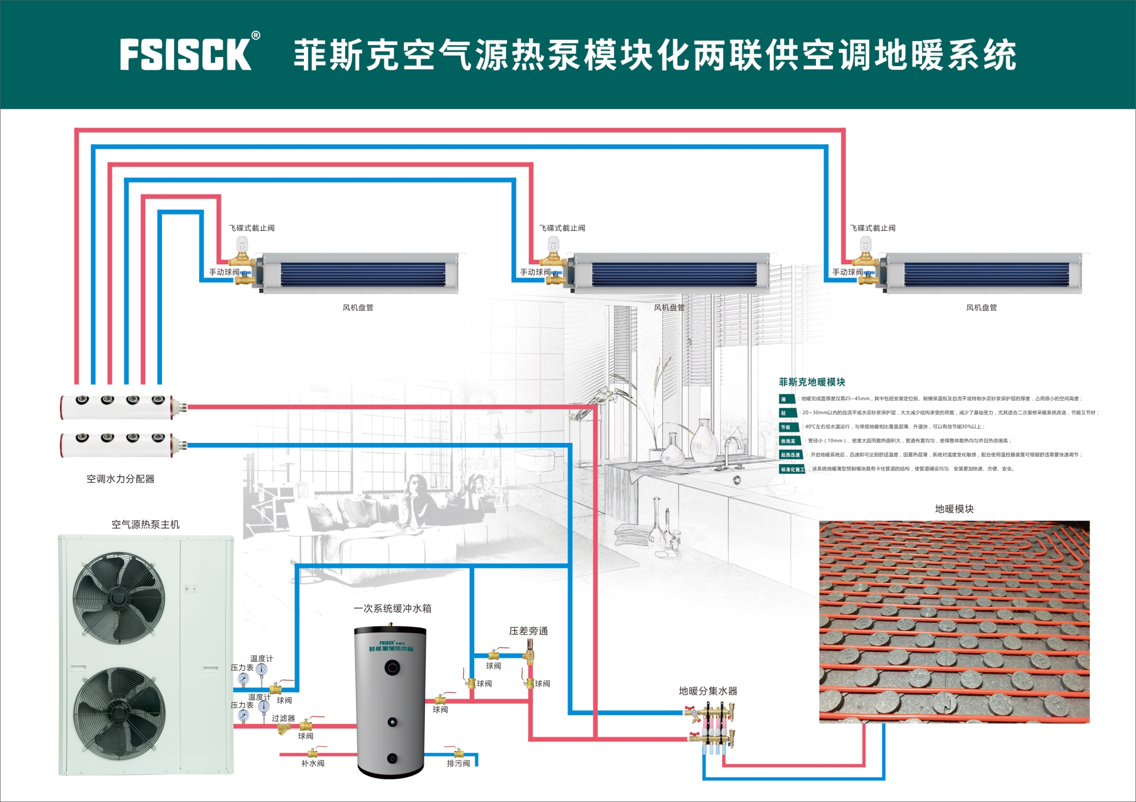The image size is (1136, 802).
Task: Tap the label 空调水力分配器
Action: (120, 479)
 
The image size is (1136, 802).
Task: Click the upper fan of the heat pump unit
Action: (119, 594)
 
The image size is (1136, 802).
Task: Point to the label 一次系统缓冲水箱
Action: (393, 608)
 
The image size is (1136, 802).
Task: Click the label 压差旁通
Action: (528, 631)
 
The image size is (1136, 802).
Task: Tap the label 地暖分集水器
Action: (708, 691)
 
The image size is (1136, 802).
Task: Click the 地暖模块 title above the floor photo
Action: (954, 509)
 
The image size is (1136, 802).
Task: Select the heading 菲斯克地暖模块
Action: (812, 382)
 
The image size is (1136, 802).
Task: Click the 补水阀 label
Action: (313, 764)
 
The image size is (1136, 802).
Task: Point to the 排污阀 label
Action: (458, 764)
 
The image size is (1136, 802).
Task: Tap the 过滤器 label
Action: (283, 718)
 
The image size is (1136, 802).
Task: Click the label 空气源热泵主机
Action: (145, 524)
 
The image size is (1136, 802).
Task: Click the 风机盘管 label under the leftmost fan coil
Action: (358, 307)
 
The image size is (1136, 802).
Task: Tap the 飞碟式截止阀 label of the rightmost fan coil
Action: (873, 228)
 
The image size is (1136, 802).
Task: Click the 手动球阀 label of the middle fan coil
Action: (535, 272)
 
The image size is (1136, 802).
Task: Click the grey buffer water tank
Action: (391, 702)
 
